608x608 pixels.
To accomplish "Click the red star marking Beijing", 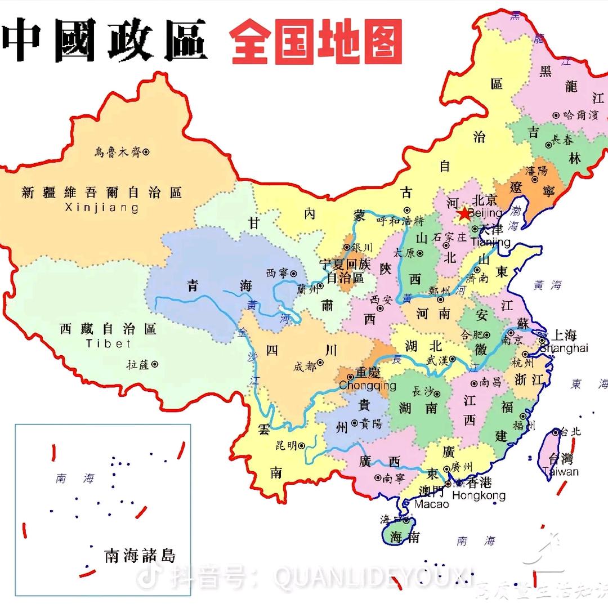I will click(463, 213).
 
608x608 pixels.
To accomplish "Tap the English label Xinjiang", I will click(102, 208).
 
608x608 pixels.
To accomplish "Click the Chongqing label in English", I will click(367, 386).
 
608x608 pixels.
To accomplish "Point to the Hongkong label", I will click(479, 495).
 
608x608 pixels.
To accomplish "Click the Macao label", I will click(431, 504).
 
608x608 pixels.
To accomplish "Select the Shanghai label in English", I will click(564, 348).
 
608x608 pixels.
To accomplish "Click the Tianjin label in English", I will click(490, 242).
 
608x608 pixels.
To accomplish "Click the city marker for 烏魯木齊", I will click(146, 151).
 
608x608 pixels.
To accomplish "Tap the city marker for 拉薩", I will click(155, 364).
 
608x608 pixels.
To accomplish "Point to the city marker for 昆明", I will click(302, 445).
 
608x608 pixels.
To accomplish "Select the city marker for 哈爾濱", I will click(556, 115).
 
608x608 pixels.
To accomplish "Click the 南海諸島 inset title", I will click(140, 556).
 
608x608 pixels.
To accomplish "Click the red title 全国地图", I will click(316, 42).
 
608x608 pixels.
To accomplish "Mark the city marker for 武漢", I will click(452, 359).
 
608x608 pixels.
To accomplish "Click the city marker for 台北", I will click(556, 432).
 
